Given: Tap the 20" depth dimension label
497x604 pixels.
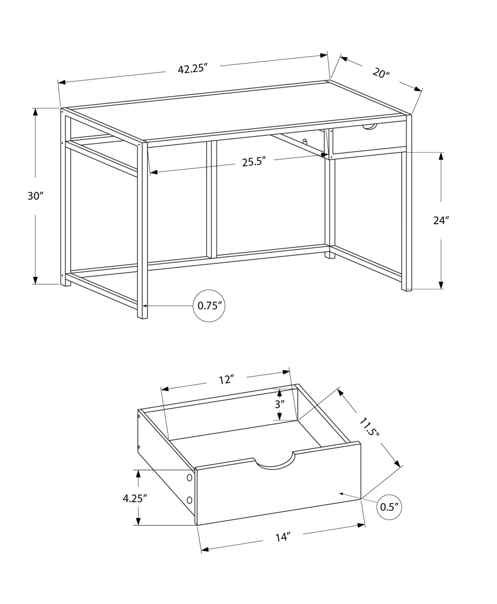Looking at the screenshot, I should coord(381,73).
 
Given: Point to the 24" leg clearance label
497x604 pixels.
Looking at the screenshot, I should coord(441,220).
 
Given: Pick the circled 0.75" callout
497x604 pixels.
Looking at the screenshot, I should coord(209,306).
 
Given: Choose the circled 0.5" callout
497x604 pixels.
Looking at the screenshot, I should coord(389,507).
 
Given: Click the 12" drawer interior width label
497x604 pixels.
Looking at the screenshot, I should coord(227,380).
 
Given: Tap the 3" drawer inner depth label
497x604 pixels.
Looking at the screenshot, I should coord(280,404).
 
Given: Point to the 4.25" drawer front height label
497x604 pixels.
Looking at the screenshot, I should coord(135,498).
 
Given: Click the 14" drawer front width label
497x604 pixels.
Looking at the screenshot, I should coord(283,537).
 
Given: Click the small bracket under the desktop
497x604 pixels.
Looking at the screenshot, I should coord(305,141).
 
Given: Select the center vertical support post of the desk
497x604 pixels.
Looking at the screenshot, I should coord(212,199).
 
